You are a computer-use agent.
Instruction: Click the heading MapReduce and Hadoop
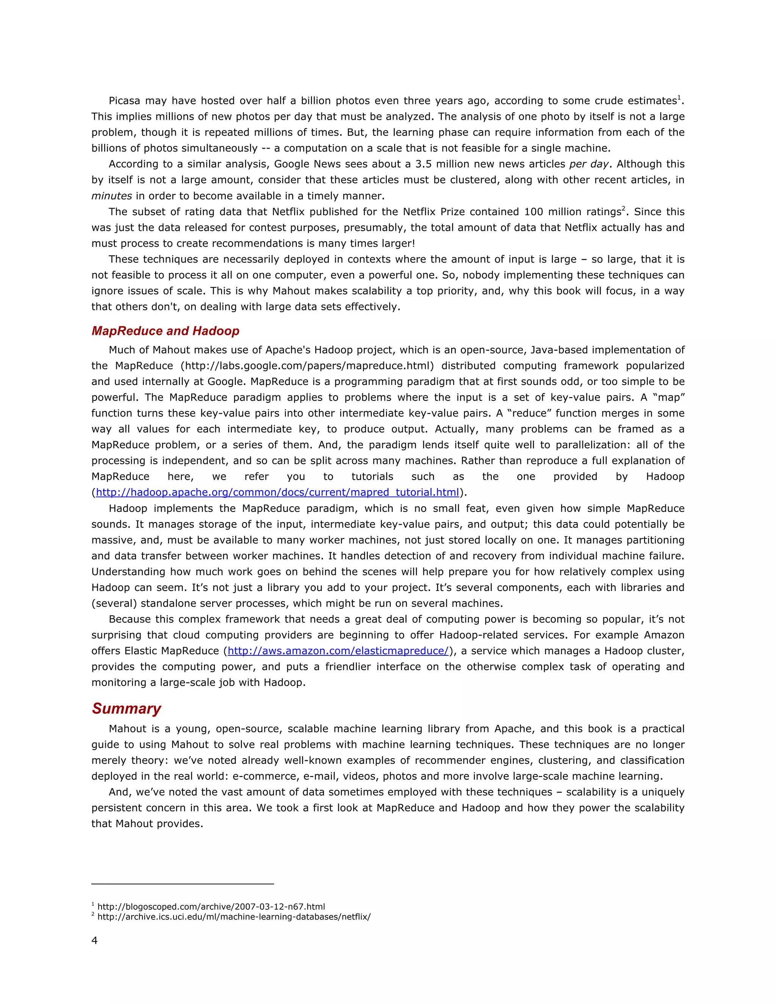point(165,331)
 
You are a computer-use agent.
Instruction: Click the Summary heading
point(127,708)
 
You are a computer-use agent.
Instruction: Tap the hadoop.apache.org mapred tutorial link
point(277,493)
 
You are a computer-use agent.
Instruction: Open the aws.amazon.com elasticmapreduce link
point(338,651)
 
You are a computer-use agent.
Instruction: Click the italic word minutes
point(112,196)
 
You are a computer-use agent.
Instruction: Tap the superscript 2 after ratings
point(623,209)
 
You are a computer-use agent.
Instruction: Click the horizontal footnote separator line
point(183,884)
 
